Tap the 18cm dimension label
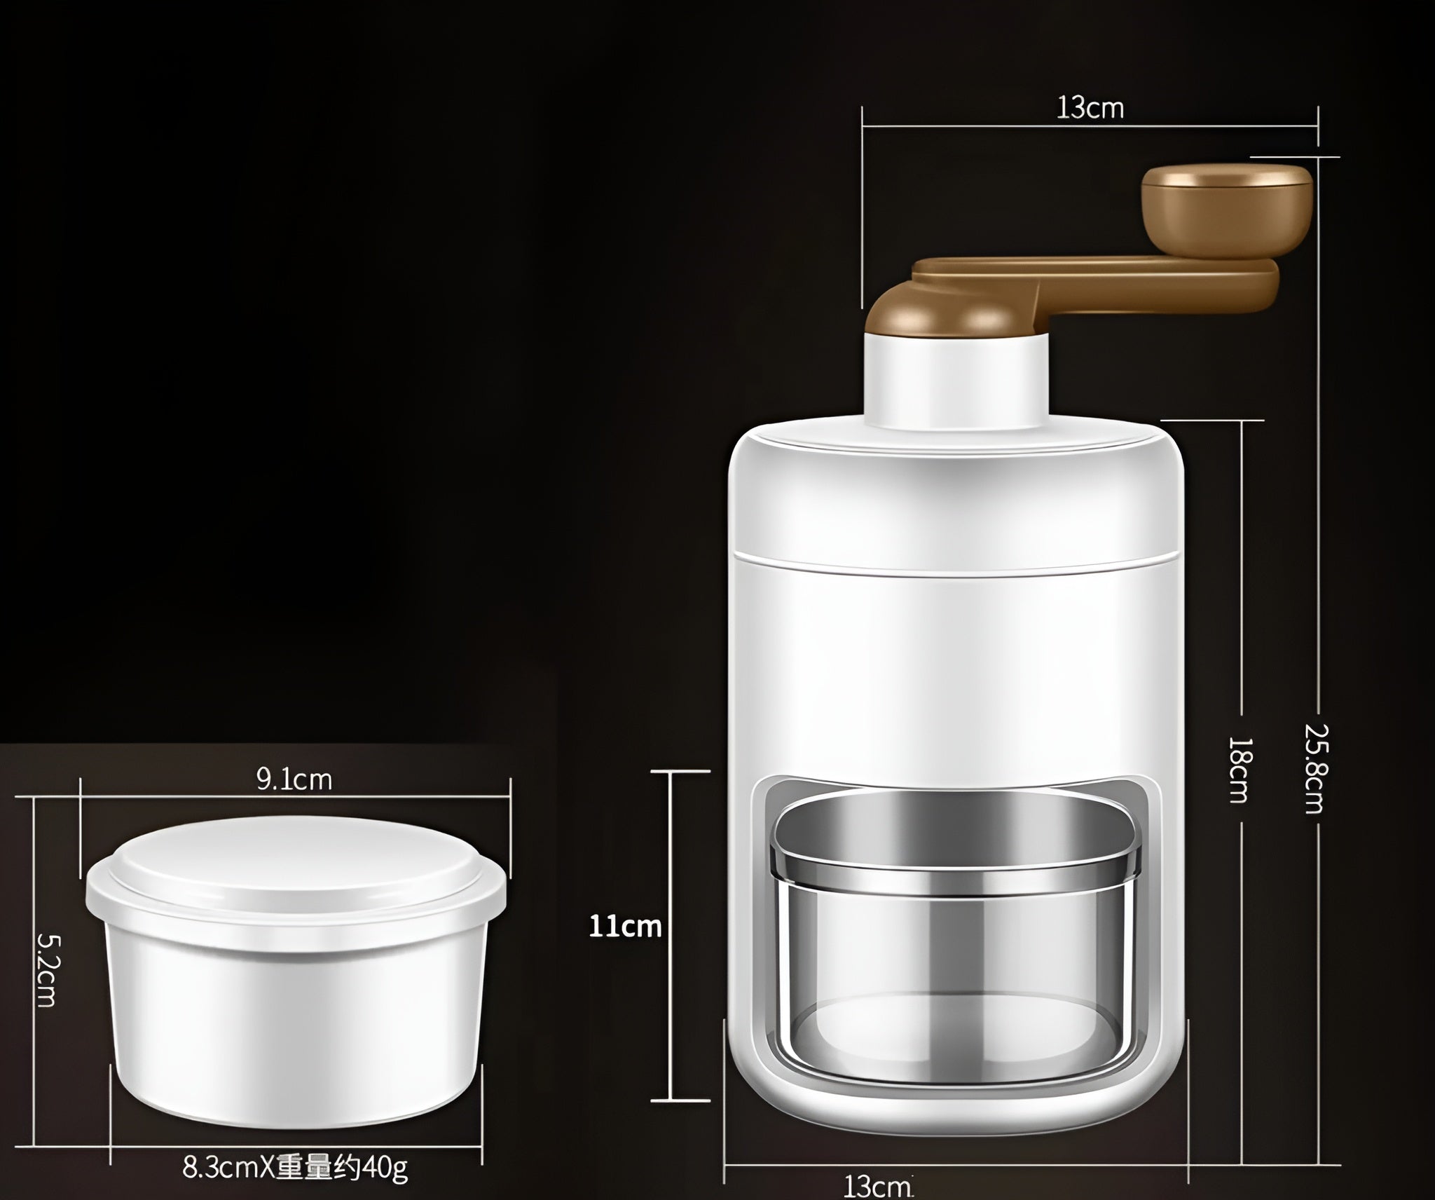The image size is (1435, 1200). [x=1240, y=769]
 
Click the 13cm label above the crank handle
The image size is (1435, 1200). [x=1090, y=109]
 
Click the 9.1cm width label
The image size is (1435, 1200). [x=294, y=779]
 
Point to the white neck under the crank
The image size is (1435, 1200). [x=956, y=382]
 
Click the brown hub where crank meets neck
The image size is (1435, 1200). [x=925, y=315]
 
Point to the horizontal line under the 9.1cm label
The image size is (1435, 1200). [x=294, y=797]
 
